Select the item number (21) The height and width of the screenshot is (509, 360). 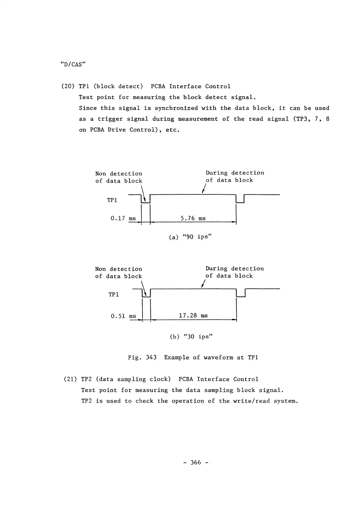70,379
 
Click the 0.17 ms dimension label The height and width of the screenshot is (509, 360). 123,218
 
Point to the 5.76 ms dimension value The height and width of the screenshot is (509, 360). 193,218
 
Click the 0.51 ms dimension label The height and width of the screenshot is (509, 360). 123,316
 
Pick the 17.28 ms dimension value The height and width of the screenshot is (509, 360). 193,316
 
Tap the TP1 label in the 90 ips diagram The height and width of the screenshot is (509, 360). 112,200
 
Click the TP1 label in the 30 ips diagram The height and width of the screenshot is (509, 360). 113,295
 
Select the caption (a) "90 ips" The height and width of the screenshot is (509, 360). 190,237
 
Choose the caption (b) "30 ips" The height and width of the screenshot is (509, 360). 191,337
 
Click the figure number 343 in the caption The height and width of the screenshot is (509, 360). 151,358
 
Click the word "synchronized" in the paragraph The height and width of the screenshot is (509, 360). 176,108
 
